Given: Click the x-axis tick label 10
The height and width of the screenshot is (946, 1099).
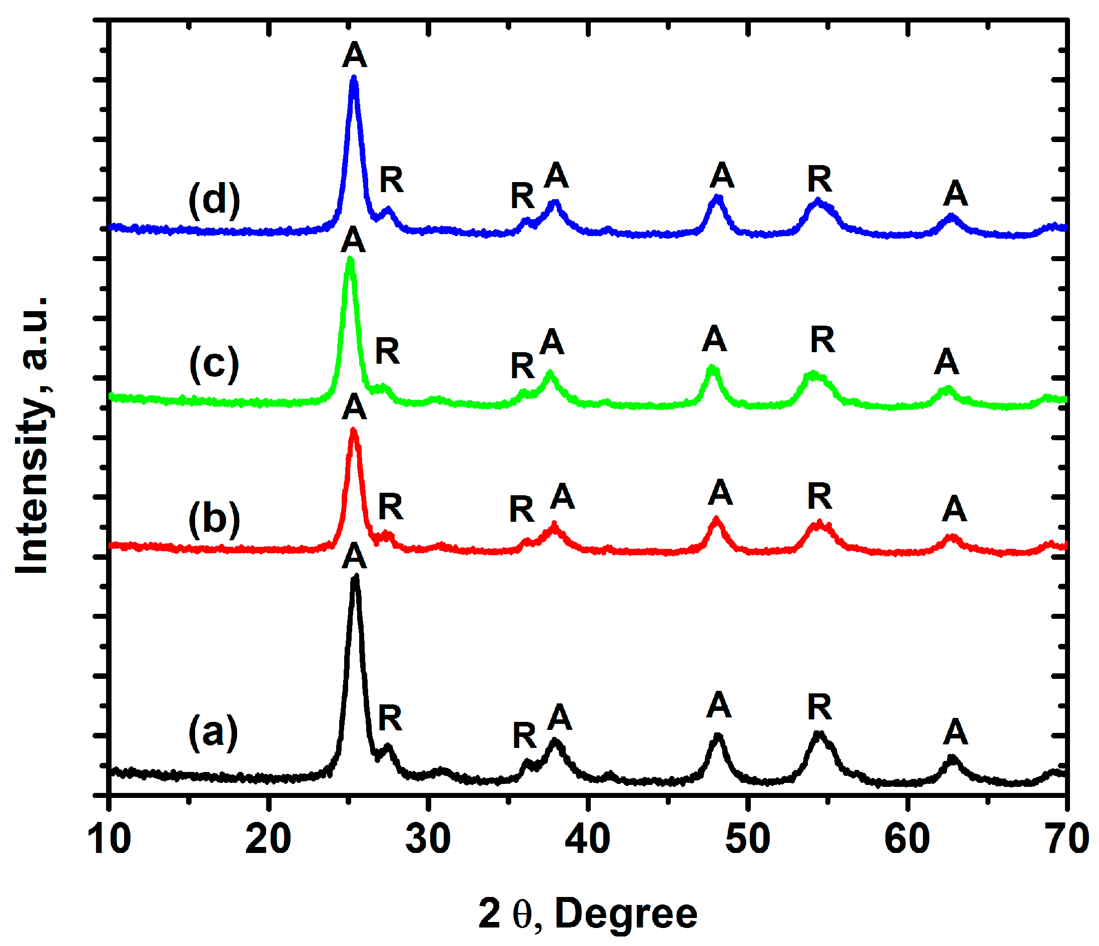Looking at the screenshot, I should point(110,839).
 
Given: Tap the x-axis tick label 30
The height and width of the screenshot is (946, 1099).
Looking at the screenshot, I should point(428,839).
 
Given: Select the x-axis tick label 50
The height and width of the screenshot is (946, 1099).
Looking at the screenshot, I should point(747,839).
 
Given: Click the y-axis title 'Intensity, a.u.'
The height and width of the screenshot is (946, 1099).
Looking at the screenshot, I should point(33,435).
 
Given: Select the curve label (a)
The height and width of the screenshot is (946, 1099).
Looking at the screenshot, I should point(213,733).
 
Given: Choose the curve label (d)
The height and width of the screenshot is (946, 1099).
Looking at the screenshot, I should point(214,200).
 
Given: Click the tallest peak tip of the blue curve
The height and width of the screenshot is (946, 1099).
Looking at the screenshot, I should point(354,79).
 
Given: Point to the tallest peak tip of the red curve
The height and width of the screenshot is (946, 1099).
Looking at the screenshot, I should point(354,430).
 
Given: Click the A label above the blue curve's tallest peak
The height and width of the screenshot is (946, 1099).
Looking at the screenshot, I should point(354,55).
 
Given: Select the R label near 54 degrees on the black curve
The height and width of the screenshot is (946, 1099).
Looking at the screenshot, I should point(819,707).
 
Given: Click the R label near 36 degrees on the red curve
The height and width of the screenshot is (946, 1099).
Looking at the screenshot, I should point(522,509).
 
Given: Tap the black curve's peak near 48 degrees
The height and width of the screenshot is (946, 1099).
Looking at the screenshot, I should point(718,736).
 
